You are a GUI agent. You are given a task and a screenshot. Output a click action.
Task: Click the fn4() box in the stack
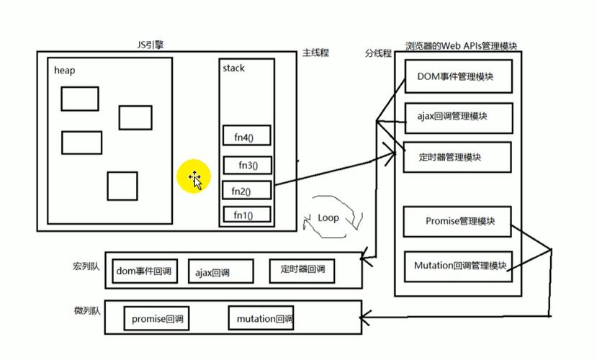tap(247, 135)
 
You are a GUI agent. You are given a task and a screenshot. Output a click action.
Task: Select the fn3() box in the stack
tap(247, 165)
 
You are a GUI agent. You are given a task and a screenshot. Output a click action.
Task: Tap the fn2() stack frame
tap(246, 191)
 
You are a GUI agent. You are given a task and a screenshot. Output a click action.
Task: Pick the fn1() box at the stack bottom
tap(246, 215)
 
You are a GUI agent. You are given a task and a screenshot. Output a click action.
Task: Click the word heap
tap(65, 71)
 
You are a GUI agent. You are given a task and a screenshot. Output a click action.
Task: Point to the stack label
tap(233, 68)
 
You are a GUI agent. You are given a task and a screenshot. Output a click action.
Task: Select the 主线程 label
tap(315, 53)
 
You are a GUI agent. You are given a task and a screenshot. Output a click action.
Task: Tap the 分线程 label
tap(378, 53)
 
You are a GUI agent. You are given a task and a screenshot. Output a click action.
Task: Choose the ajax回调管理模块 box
tap(454, 117)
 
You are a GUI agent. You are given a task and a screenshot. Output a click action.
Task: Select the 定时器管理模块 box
tap(454, 158)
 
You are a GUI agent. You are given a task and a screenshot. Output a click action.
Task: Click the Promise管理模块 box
tap(457, 222)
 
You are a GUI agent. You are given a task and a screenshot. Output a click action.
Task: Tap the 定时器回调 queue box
tap(302, 270)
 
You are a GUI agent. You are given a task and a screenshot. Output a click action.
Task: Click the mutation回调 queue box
tap(261, 318)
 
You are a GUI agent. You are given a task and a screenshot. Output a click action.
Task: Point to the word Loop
tap(328, 217)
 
